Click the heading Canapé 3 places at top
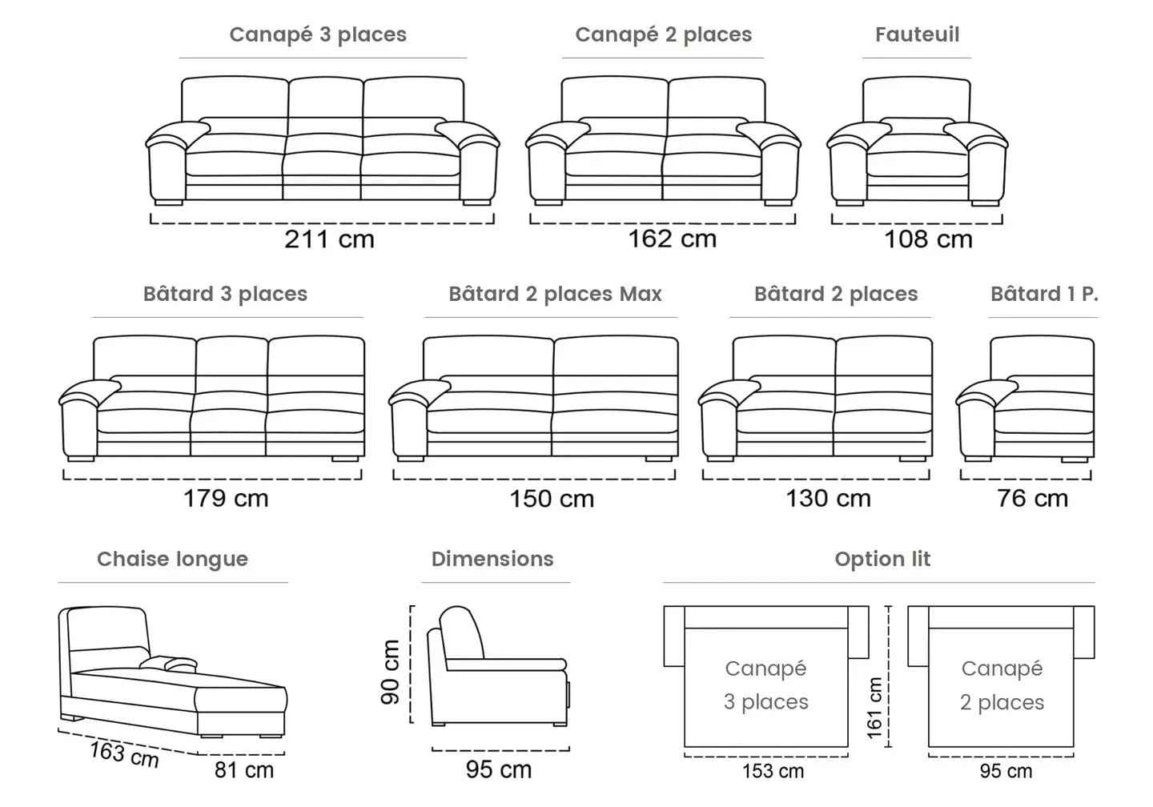tap(318, 34)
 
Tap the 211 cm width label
tap(329, 239)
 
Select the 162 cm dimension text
tap(672, 239)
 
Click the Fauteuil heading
tap(917, 34)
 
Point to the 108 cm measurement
tap(928, 239)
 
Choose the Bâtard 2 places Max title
tap(555, 294)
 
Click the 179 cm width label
tap(226, 498)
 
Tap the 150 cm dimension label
tap(552, 499)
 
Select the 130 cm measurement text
tap(828, 498)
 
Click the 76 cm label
tap(1032, 498)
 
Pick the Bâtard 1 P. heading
tap(1043, 294)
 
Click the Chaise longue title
tap(172, 559)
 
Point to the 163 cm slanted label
tap(124, 753)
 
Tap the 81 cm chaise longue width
tap(244, 770)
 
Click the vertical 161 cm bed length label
tap(874, 708)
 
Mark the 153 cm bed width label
tap(773, 771)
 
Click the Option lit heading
tap(882, 559)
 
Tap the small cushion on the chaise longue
tap(170, 664)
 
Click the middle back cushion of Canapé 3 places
tap(326, 99)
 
